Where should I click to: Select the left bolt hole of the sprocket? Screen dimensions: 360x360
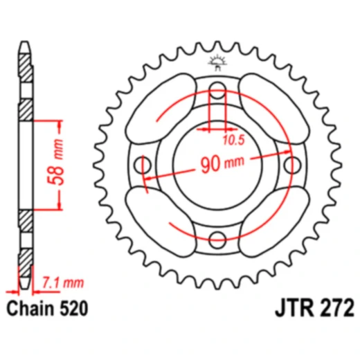(144, 165)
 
